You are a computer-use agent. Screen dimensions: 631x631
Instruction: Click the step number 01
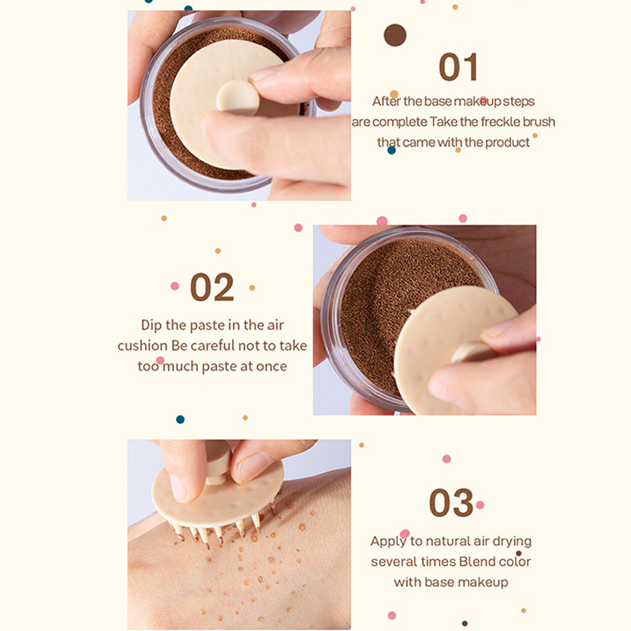458,67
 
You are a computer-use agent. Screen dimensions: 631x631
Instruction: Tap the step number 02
212,287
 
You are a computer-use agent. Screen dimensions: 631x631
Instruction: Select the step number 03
451,502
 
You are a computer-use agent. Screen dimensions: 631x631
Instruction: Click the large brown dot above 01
395,35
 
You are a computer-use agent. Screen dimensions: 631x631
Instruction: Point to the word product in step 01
507,143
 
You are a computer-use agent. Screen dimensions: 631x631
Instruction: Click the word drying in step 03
512,542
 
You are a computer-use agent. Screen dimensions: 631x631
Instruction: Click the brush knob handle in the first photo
237,98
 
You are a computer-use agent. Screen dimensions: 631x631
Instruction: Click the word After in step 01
386,101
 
